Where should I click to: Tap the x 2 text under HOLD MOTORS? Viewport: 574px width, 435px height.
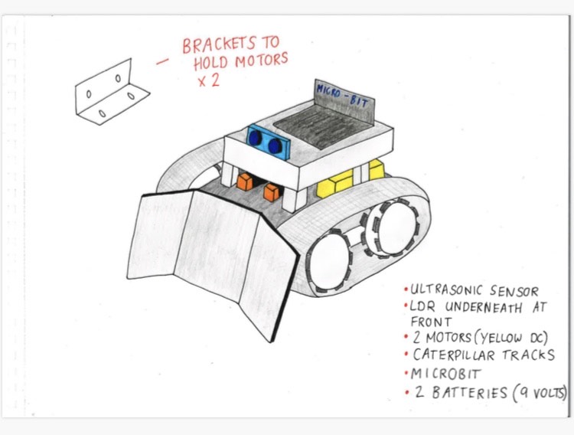point(209,80)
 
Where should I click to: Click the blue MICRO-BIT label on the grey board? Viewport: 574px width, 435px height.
point(341,95)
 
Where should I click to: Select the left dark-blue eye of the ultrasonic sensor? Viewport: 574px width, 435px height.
point(255,137)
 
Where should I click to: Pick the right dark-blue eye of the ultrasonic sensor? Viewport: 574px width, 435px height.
point(275,146)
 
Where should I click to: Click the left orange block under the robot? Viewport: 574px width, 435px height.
point(245,182)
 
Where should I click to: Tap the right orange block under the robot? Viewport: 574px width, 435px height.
point(271,192)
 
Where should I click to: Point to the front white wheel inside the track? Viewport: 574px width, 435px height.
point(329,260)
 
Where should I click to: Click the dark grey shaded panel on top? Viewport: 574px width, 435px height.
point(324,127)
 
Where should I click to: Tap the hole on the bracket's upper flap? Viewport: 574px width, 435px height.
point(118,78)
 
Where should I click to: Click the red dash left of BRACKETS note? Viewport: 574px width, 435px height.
point(162,61)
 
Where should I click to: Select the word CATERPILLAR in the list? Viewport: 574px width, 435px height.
point(454,355)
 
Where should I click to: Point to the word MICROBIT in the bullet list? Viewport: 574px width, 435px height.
point(445,374)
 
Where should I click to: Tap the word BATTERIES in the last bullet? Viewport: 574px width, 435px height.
point(470,392)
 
